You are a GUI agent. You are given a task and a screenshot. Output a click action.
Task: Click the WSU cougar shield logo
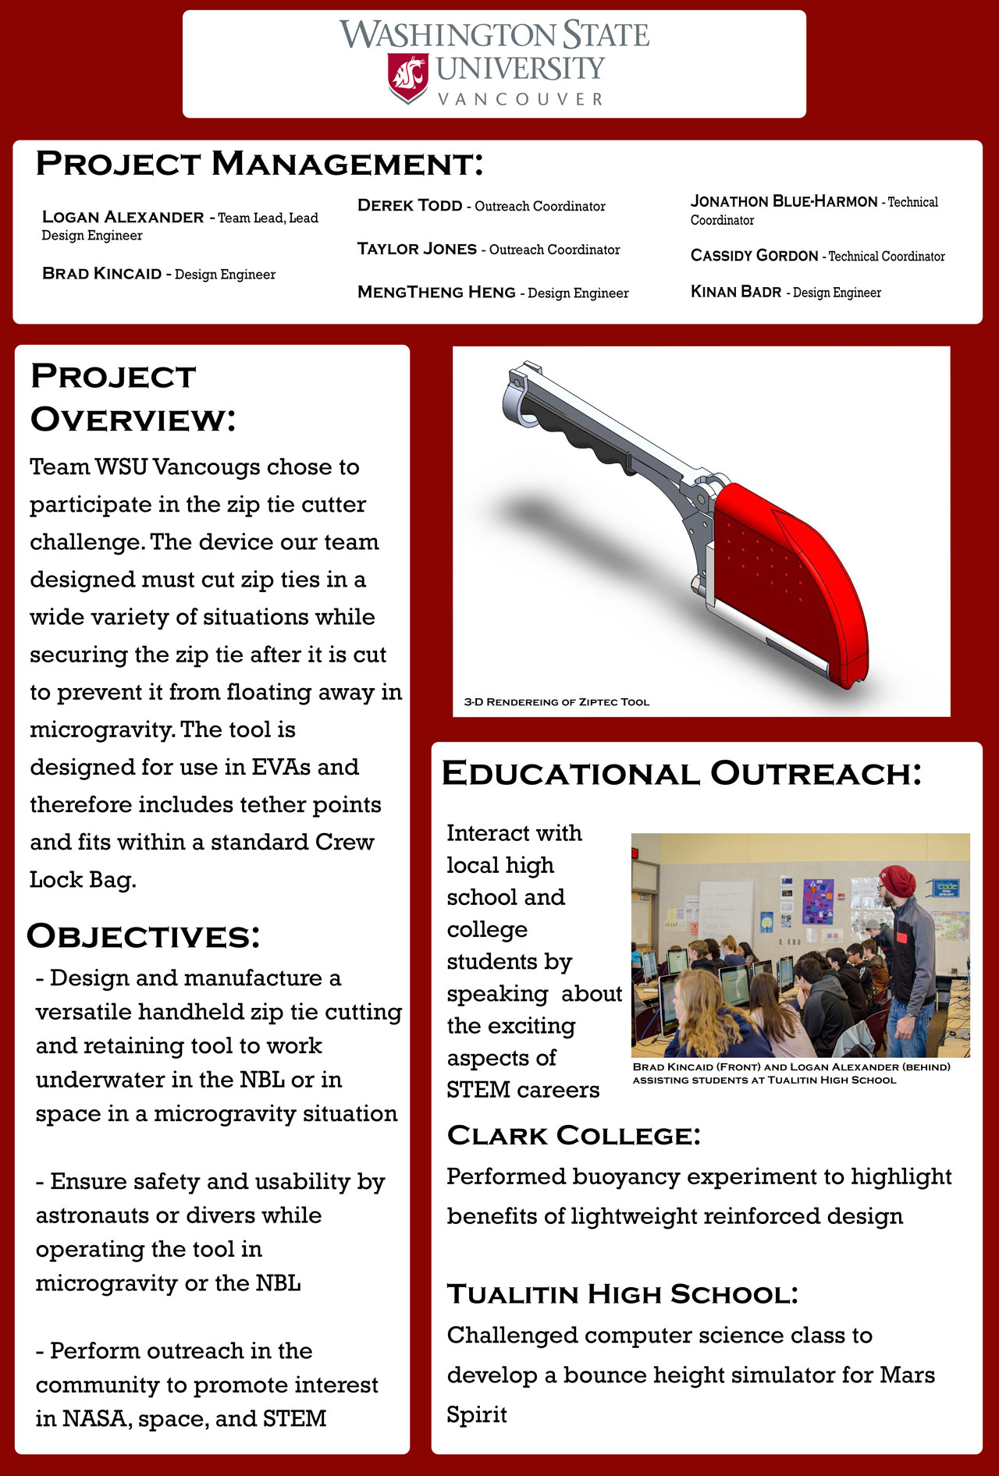(x=408, y=77)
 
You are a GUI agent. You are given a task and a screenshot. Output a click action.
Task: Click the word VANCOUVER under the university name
(x=521, y=100)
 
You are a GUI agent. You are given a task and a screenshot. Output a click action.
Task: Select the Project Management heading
(x=259, y=164)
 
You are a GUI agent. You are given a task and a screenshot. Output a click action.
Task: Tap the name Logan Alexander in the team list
(x=123, y=217)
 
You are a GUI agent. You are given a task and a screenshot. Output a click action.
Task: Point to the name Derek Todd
(x=410, y=205)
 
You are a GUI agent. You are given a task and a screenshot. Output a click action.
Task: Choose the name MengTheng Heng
(x=436, y=292)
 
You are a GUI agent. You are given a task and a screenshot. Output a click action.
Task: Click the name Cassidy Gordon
(x=754, y=255)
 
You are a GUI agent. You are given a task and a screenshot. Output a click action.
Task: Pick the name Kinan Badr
(x=735, y=292)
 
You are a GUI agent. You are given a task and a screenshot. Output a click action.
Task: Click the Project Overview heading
(x=133, y=397)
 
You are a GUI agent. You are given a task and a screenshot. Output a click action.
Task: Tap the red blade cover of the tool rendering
(x=788, y=577)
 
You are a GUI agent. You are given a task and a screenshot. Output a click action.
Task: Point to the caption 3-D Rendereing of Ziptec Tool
(x=556, y=702)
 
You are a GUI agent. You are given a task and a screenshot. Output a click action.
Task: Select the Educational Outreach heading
(x=681, y=773)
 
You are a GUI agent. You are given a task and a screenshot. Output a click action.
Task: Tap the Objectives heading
(x=143, y=936)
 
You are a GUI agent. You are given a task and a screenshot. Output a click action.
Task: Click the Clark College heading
(x=574, y=1136)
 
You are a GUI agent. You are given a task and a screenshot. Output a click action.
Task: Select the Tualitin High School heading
(x=622, y=1294)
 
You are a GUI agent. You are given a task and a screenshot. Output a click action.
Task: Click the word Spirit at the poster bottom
(x=476, y=1414)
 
